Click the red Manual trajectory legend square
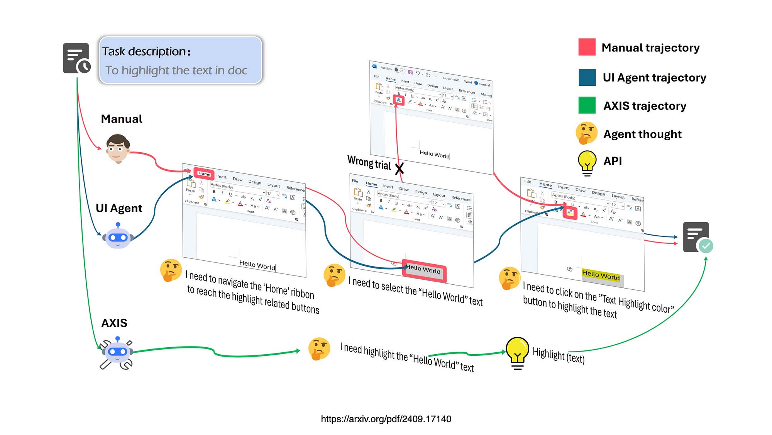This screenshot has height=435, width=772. click(587, 47)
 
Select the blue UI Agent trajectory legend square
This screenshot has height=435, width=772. click(587, 77)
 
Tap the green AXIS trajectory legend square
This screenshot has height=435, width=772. click(587, 105)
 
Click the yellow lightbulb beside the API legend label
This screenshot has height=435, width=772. click(587, 162)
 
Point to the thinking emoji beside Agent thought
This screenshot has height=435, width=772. click(586, 133)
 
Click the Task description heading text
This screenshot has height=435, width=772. click(146, 51)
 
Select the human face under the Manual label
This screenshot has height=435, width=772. click(118, 149)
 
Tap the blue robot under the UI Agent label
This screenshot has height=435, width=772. click(118, 236)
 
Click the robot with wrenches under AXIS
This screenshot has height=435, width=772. click(117, 352)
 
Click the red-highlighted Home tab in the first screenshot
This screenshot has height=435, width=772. click(204, 173)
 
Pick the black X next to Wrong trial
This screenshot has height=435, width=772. click(400, 168)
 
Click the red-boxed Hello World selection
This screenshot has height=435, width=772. click(424, 270)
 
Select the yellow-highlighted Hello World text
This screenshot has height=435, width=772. click(601, 275)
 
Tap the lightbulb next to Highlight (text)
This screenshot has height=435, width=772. click(517, 352)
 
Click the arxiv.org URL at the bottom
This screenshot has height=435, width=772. click(386, 419)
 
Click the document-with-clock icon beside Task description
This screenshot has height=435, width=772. click(77, 58)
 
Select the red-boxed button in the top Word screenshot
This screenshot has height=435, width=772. click(399, 100)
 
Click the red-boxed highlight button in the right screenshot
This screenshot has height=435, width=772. click(570, 212)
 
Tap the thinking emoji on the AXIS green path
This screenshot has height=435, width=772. click(319, 348)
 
